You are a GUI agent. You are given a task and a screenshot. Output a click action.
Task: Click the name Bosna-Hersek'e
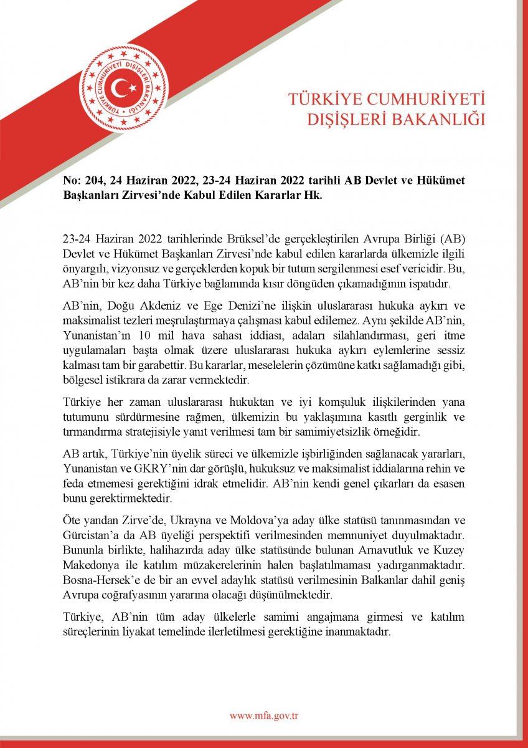[x=98, y=578]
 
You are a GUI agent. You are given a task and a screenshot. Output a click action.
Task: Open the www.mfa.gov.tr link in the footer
[x=264, y=716]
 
